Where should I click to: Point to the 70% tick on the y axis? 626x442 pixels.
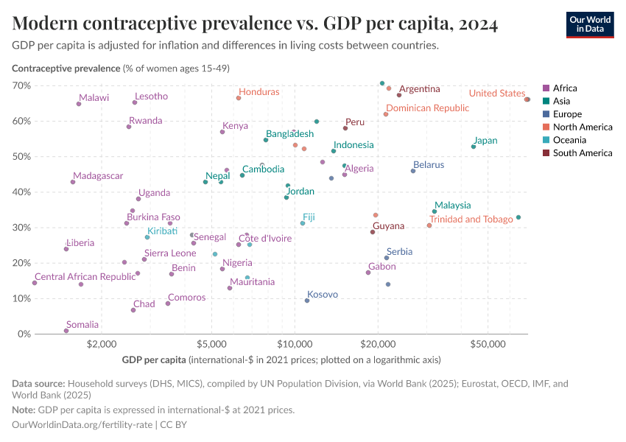(21, 85)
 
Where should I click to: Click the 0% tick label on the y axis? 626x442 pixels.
(23, 334)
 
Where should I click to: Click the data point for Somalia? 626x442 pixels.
(66, 331)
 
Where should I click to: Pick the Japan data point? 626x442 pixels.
(474, 147)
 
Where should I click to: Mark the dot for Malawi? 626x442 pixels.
(79, 104)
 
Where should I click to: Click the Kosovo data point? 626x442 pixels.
(307, 301)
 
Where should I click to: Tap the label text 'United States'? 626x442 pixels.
(497, 94)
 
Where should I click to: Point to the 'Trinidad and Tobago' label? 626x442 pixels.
(471, 220)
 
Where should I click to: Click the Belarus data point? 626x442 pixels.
(413, 171)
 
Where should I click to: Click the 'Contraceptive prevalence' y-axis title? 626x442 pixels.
(66, 69)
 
